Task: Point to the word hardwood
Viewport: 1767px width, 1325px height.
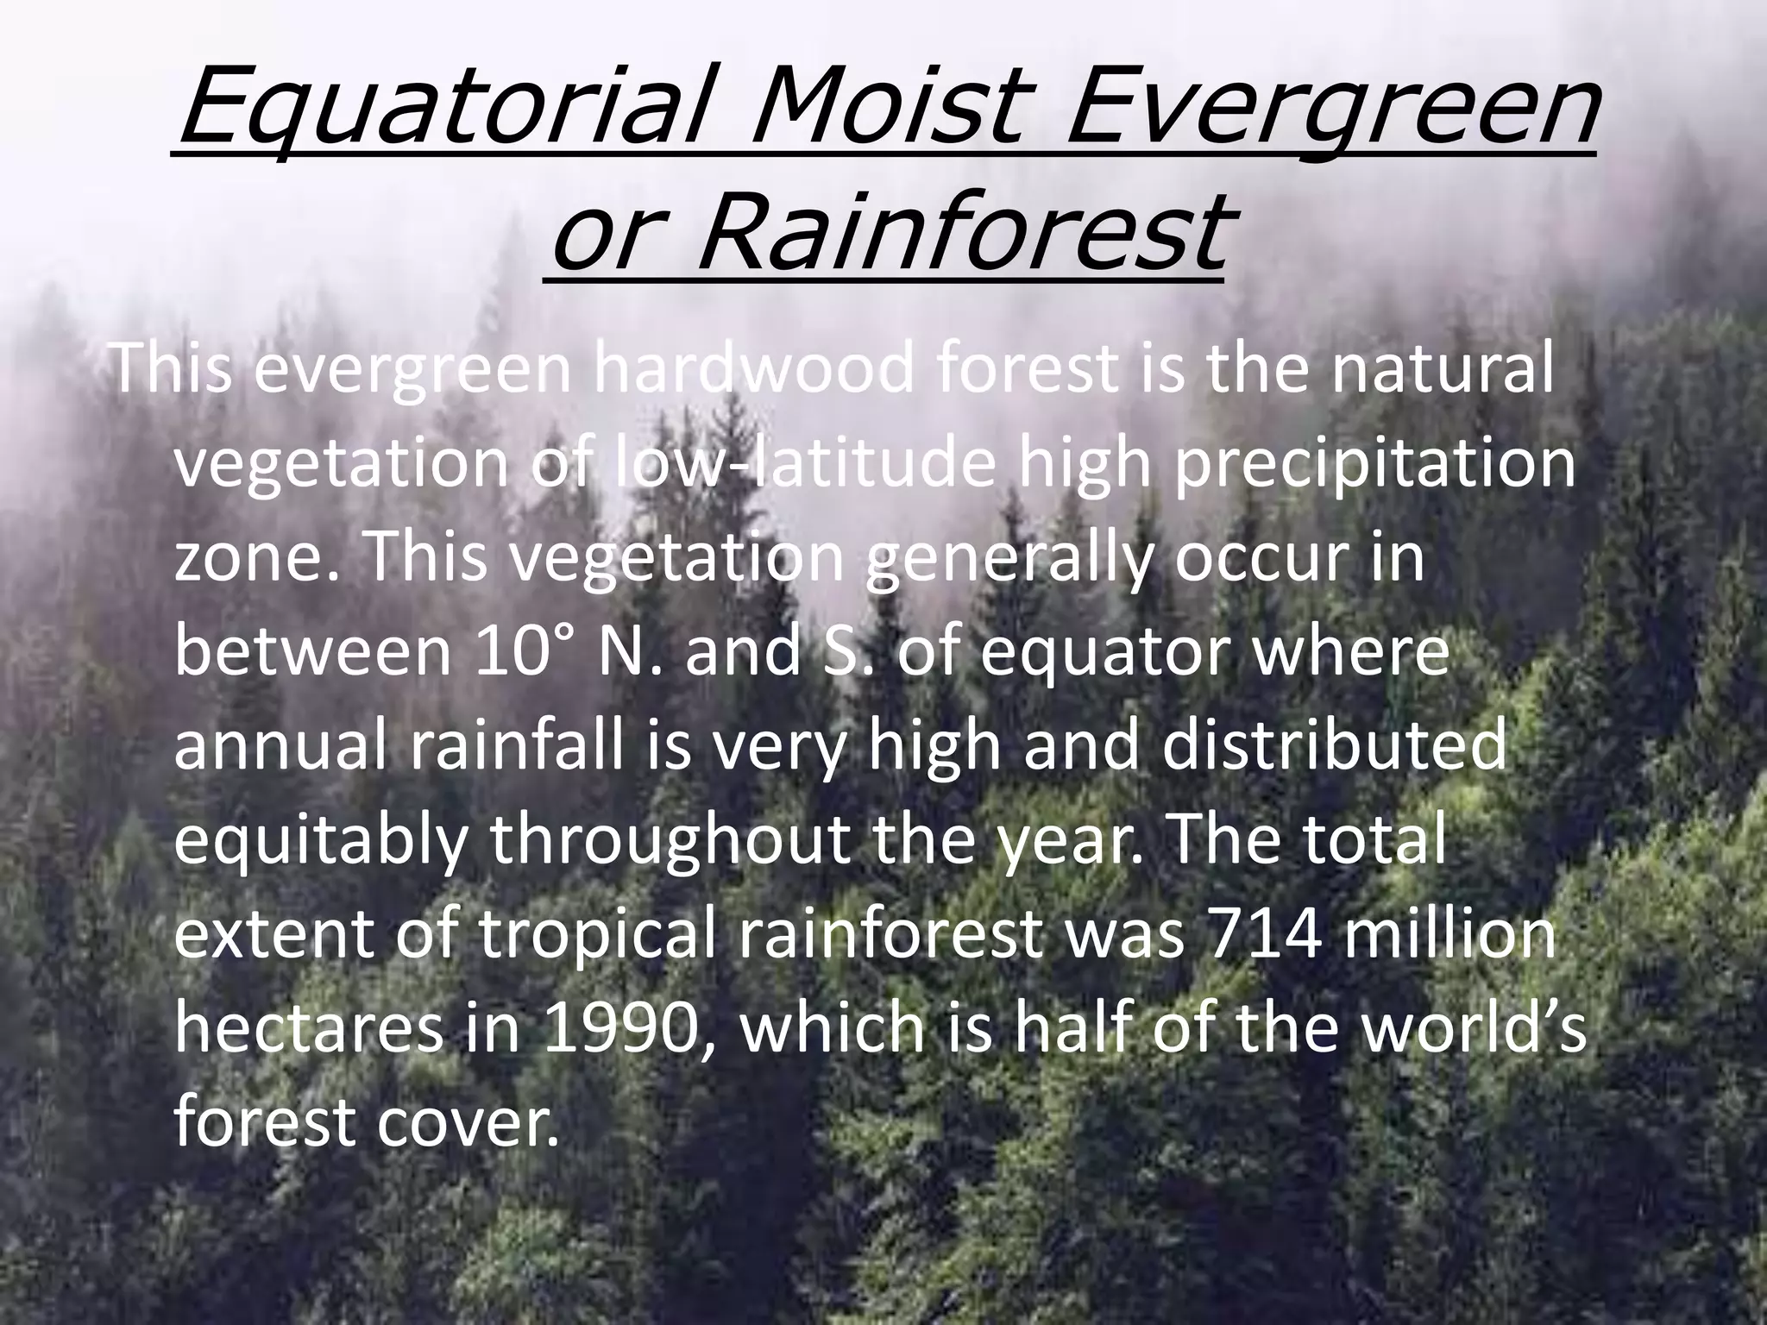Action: (x=752, y=369)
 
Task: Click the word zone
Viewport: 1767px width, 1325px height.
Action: (x=259, y=561)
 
